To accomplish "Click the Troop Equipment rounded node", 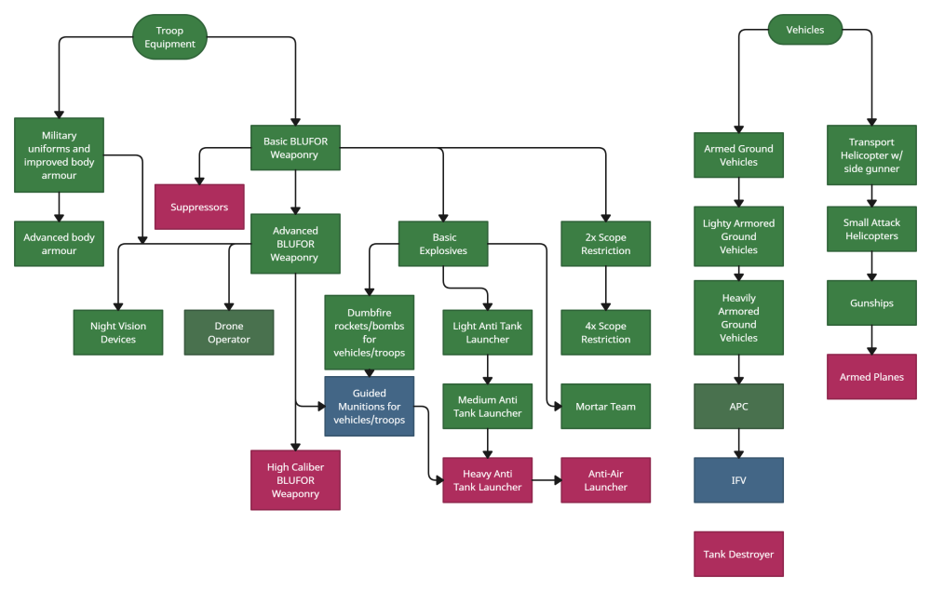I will coord(169,37).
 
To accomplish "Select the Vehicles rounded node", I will coord(804,30).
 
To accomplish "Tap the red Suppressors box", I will coord(199,207).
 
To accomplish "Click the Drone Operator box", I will coord(229,332).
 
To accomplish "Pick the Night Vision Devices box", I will coord(118,332).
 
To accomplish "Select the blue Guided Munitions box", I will coord(369,407).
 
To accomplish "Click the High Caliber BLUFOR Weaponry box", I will coord(295,480).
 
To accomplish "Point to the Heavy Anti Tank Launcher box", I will coord(488,480).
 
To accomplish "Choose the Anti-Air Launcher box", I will coord(605,480).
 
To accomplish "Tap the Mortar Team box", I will coord(605,407).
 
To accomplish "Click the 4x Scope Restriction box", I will coord(605,332).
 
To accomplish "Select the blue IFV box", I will coord(738,480).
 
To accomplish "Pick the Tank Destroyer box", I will coord(738,554).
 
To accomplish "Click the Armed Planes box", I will coord(871,377).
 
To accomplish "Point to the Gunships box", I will coord(871,303).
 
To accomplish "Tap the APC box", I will coord(738,407).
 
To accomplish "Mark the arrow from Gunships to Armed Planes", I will coord(871,340).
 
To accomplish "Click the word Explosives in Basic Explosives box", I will coord(443,250).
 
